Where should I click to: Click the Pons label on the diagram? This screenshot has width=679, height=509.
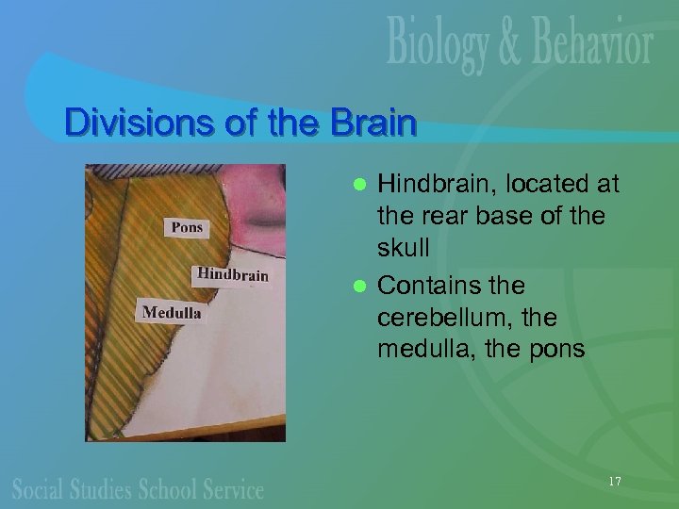[187, 227]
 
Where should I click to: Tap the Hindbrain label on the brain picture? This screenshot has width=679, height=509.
[232, 275]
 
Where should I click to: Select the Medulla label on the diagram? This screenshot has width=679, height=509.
[171, 312]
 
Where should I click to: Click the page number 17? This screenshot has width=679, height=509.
[615, 482]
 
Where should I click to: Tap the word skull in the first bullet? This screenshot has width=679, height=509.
[404, 247]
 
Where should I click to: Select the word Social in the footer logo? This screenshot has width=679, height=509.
[41, 489]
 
